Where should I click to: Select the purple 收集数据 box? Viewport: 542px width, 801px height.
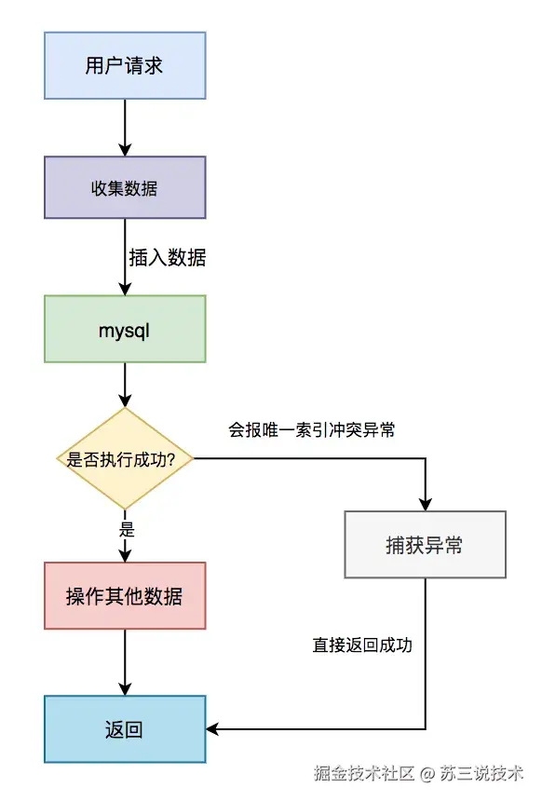124,187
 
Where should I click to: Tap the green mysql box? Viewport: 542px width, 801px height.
124,329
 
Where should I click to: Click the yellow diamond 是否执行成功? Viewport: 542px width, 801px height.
124,458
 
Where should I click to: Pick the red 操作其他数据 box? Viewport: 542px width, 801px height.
124,596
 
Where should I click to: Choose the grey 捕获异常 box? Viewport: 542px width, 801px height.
425,545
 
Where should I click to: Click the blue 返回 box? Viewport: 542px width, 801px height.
124,729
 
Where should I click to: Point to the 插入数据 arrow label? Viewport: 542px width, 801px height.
168,258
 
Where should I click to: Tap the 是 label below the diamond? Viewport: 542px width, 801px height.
128,529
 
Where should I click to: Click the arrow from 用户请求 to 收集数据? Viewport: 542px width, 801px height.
124,126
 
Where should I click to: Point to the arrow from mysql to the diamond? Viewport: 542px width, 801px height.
124,384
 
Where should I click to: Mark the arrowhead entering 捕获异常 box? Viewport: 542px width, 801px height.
425,506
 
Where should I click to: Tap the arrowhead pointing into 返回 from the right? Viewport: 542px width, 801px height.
211,729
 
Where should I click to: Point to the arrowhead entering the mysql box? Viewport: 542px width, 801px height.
124,290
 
